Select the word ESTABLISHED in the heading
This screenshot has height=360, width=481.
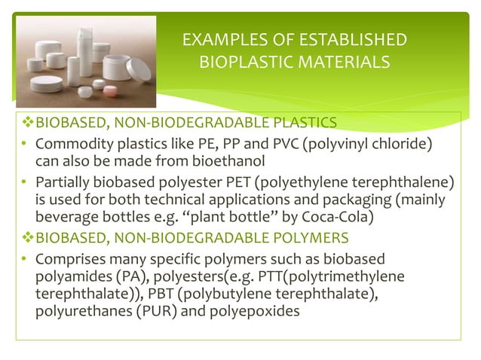(346, 40)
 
